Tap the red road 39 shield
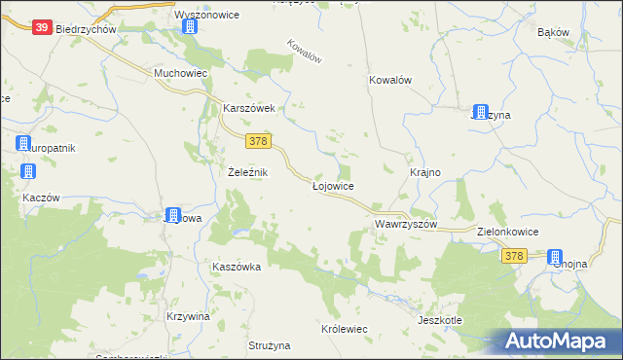(41, 28)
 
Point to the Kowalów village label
(392, 81)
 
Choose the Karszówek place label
(250, 108)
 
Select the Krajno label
(425, 172)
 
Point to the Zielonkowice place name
(509, 233)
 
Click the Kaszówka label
(237, 266)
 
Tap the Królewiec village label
(344, 329)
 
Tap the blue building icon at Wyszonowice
(190, 27)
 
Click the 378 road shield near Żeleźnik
(258, 142)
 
